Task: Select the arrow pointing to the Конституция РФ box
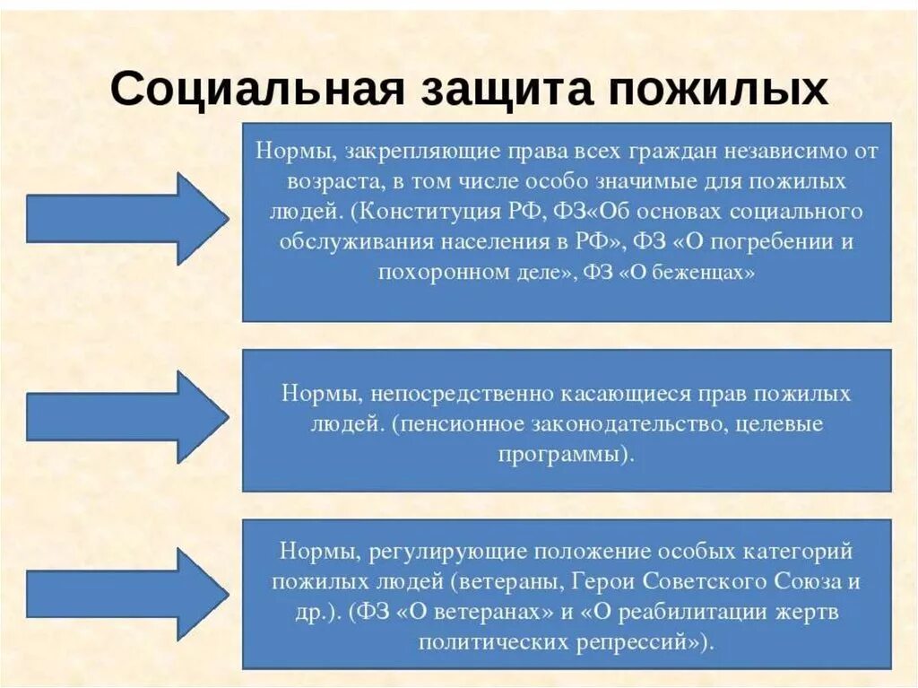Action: click(x=126, y=218)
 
